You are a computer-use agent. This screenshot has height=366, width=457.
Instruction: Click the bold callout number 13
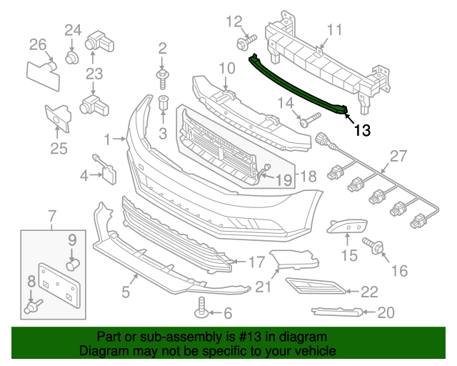(362, 130)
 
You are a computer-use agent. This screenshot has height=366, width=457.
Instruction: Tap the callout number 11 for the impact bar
(335, 29)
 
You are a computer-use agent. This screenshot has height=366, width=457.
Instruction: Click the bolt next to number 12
(243, 45)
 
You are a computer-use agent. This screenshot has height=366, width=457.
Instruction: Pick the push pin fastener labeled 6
(202, 308)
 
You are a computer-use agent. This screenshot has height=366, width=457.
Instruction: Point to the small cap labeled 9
(71, 264)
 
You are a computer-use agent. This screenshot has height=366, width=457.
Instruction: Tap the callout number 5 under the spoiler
(125, 291)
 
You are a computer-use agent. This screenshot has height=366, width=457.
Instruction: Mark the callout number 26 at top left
(37, 45)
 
